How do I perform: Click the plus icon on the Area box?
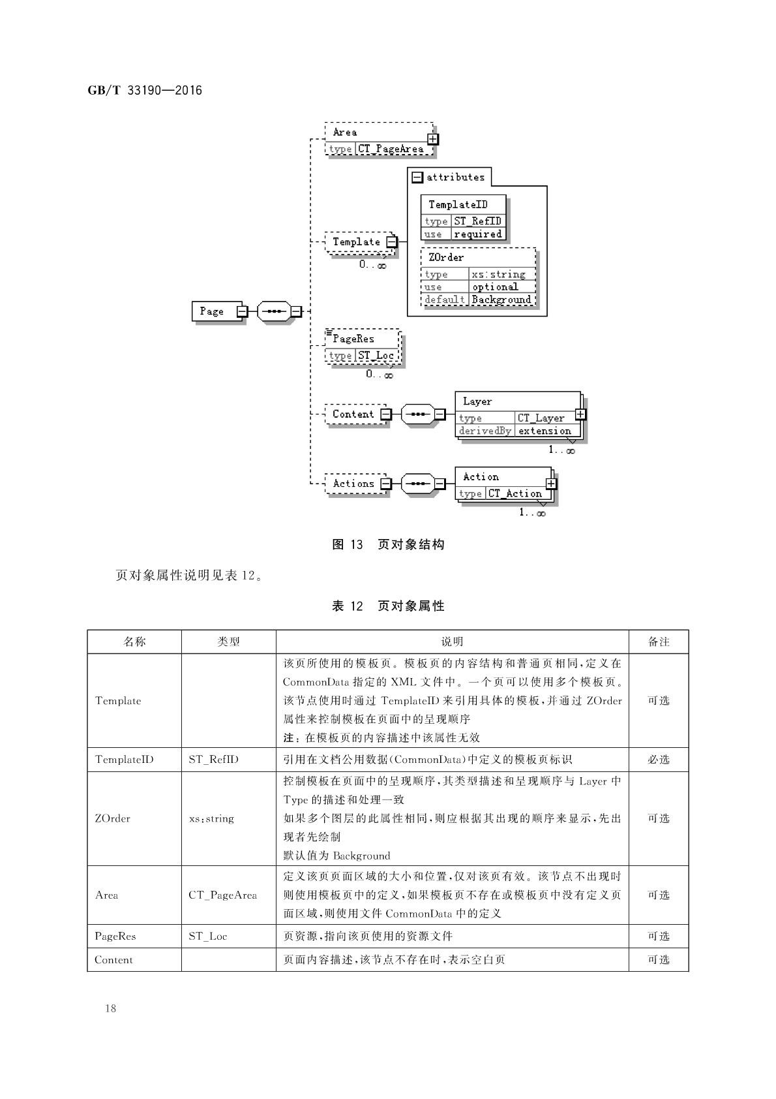[x=433, y=139]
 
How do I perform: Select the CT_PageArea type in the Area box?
[x=391, y=149]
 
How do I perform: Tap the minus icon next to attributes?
[x=417, y=177]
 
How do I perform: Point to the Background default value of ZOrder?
[x=501, y=300]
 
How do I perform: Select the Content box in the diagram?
[x=353, y=414]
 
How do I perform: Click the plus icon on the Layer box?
[x=580, y=414]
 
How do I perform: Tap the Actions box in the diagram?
[x=353, y=484]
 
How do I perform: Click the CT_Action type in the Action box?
[x=515, y=493]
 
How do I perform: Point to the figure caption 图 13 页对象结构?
[x=388, y=544]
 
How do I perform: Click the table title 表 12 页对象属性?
[x=388, y=606]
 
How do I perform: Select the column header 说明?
[x=452, y=642]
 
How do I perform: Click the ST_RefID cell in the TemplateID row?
[x=213, y=759]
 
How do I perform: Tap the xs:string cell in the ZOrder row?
[x=211, y=818]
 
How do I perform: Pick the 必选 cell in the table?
[x=659, y=759]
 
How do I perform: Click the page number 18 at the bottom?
[x=110, y=1008]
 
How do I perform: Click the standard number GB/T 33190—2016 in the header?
[x=145, y=90]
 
